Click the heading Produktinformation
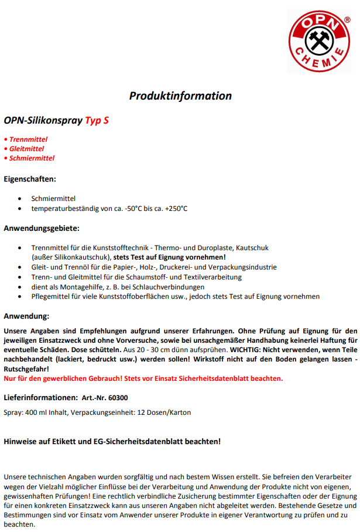tap(180, 96)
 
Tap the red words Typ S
tap(97, 121)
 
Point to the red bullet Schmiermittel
tap(32, 158)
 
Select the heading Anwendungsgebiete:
tap(41, 228)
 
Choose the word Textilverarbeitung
tap(212, 277)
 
